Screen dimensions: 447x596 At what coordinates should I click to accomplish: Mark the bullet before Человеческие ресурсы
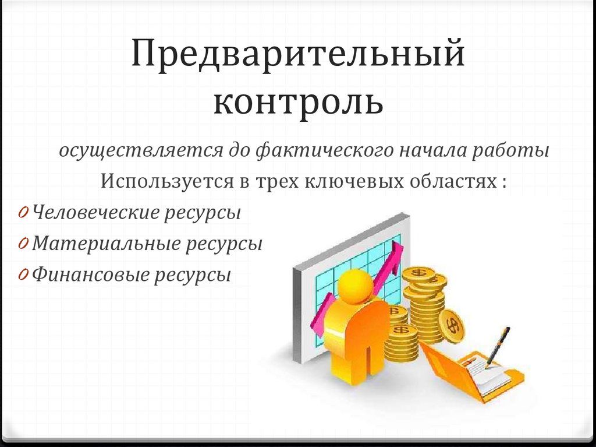[x=22, y=213]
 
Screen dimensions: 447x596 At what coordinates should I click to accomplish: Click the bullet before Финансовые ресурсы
[x=22, y=274]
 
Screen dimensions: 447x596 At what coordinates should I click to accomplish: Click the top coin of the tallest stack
[x=418, y=273]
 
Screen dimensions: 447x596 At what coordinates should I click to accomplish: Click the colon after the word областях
[x=502, y=181]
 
